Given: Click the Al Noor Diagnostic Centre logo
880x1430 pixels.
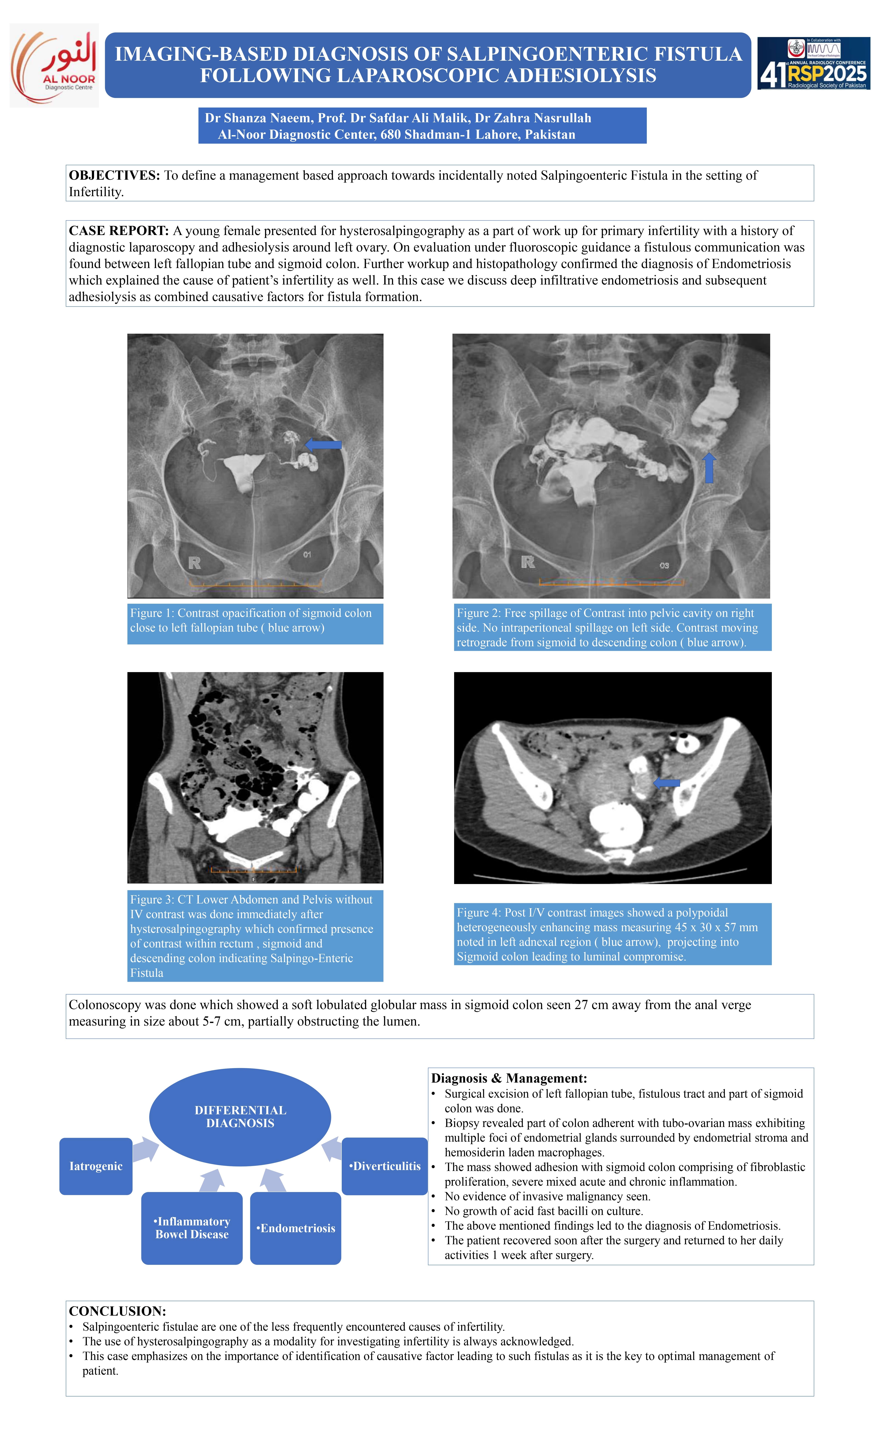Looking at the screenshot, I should (54, 65).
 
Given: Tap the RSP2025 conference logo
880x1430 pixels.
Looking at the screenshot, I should (813, 63).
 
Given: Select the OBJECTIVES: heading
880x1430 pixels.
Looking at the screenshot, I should (114, 175).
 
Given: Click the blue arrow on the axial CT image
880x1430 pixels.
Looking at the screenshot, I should (667, 783).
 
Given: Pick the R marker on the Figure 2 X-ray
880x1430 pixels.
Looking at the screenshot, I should (528, 562).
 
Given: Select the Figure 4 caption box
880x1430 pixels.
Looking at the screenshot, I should (612, 934).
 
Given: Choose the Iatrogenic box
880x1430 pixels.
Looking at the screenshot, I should (96, 1166).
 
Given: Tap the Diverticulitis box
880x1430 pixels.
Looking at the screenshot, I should (385, 1166).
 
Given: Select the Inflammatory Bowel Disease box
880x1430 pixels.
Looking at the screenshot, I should (192, 1227).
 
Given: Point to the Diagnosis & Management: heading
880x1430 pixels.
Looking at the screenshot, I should (509, 1078).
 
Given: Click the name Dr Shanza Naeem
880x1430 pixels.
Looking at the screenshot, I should (257, 118).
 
